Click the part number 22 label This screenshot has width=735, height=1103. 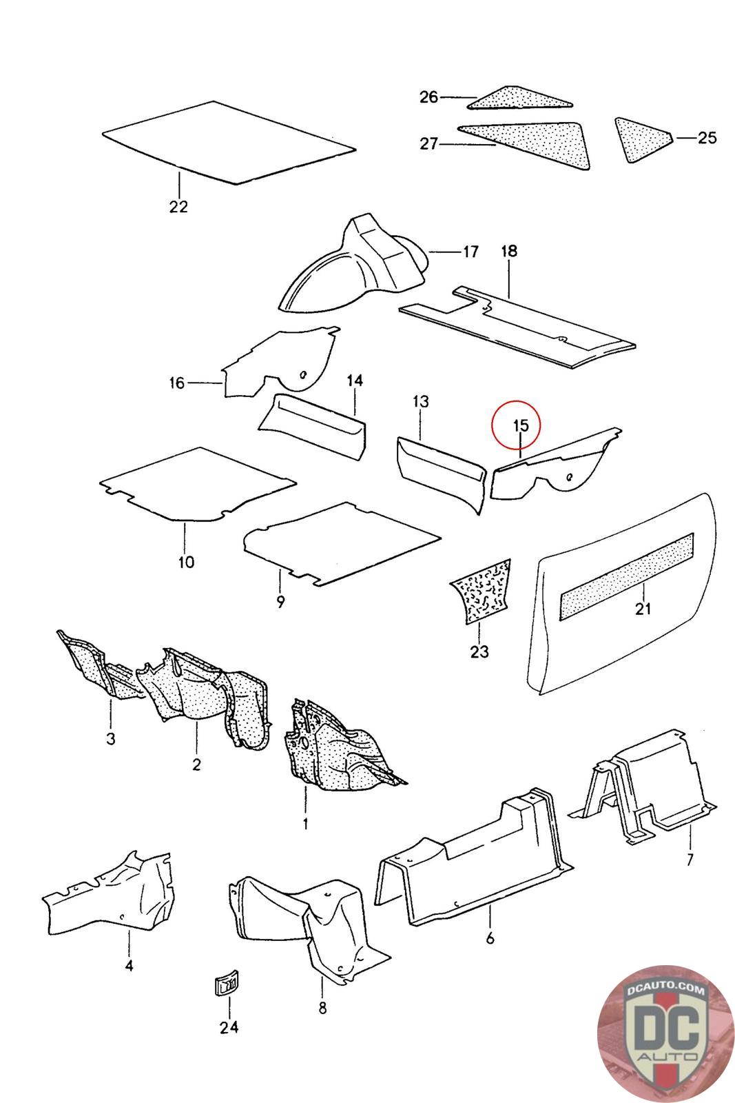point(178,207)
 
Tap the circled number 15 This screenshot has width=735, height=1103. point(520,426)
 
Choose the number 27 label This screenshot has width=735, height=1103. point(429,144)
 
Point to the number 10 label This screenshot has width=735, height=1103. point(186,562)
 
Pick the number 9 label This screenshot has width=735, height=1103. point(280,602)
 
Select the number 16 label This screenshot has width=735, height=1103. point(177,383)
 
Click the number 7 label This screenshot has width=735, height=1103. point(690,860)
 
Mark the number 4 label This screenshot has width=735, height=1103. point(129,966)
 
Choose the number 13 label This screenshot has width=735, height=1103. point(421,401)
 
